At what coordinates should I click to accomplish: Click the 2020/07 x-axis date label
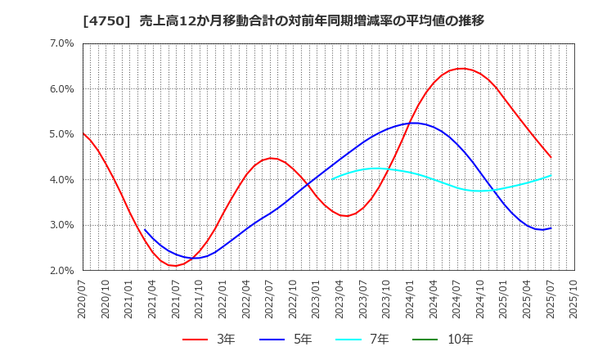pyautogui.click(x=83, y=299)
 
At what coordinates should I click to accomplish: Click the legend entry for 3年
pyautogui.click(x=209, y=340)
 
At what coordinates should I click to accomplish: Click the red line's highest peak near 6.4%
pyautogui.click(x=461, y=69)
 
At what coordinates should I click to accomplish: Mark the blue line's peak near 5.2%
pyautogui.click(x=415, y=123)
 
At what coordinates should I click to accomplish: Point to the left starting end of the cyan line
pyautogui.click(x=332, y=178)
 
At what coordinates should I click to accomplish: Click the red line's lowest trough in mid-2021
pyautogui.click(x=173, y=266)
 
